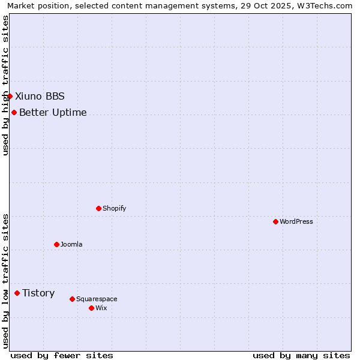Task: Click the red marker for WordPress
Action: coord(275,221)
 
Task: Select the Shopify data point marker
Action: coord(98,208)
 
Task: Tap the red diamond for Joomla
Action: coord(56,244)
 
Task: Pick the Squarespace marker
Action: coord(72,299)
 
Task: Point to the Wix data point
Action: coord(91,308)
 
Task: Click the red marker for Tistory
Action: coord(17,293)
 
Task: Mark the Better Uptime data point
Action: coord(14,112)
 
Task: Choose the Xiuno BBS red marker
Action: coord(10,96)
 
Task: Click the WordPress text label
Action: coord(296,221)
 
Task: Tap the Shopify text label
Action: coord(114,208)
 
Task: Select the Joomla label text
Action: coord(71,244)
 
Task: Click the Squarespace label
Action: coord(97,299)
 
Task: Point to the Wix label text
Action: coord(101,308)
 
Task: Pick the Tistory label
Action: coord(38,293)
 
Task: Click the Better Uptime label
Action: coord(53,112)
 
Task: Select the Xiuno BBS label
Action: coord(40,96)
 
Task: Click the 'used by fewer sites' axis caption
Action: coord(62,355)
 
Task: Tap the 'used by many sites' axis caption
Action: coord(301,355)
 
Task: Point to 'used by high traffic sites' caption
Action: coord(5,85)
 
